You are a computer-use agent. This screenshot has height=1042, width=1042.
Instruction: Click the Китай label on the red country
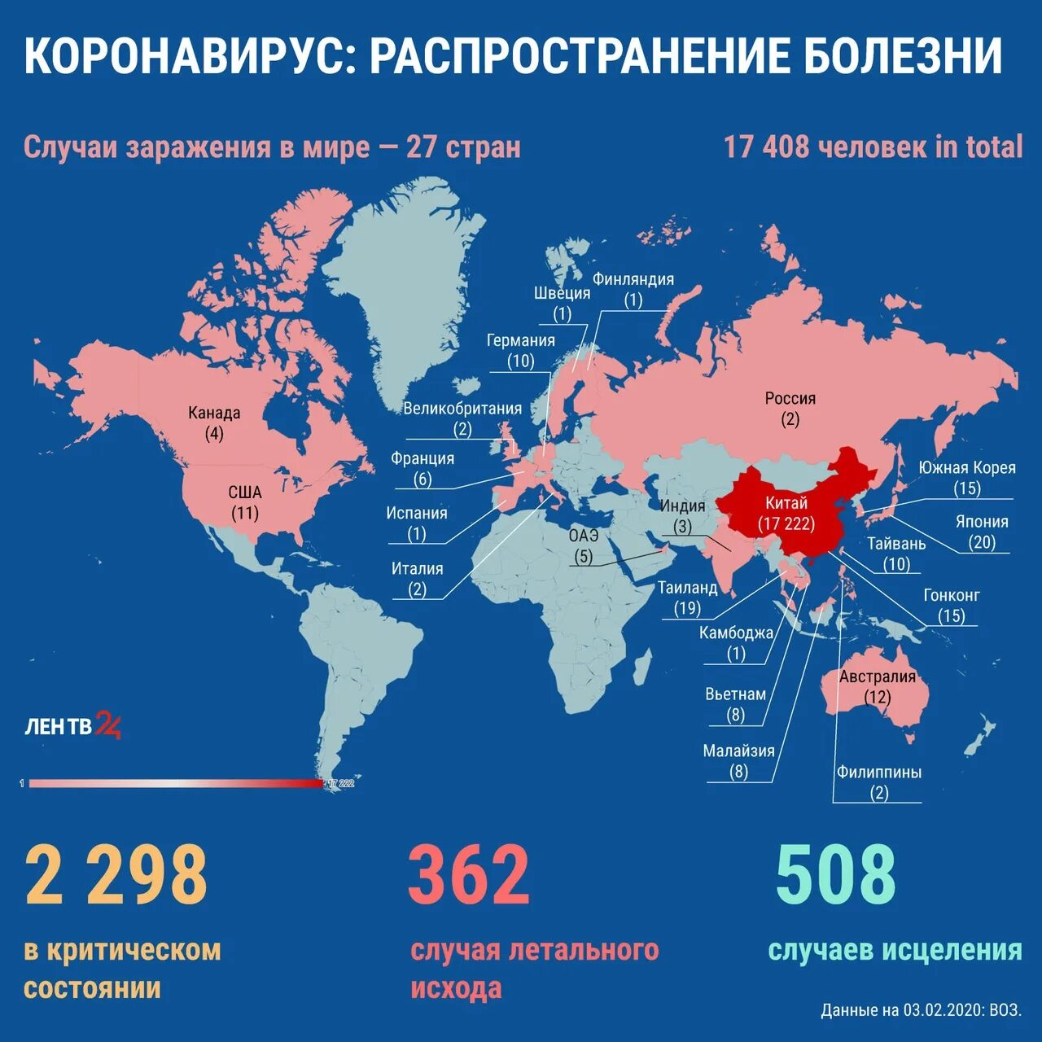point(786,503)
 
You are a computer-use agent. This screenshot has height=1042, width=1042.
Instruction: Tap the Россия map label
point(790,398)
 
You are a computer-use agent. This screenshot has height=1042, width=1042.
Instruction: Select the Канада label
point(214,413)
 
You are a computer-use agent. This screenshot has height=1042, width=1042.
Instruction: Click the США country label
point(245,492)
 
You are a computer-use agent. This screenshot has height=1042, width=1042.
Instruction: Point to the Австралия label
point(878,676)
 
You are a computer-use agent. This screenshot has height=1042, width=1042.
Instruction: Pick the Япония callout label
point(982,522)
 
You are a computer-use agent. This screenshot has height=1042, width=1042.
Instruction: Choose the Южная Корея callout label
point(967,467)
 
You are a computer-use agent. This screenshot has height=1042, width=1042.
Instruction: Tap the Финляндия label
point(633,279)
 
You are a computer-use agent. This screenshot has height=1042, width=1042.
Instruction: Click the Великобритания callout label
point(462,409)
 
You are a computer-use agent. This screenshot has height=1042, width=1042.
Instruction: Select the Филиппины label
point(879,772)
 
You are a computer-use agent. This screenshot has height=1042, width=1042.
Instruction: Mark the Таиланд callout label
point(688,587)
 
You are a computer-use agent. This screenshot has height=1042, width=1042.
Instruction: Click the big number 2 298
point(116,875)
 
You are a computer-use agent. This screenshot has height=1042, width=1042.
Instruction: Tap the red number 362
point(469,875)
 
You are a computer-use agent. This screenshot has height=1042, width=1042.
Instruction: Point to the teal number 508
point(836,875)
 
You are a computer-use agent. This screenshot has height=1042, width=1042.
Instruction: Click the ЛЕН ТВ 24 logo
point(73,725)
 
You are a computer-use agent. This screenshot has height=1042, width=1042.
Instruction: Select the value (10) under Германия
point(520,361)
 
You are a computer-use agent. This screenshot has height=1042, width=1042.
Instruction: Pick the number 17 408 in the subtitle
point(766,147)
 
